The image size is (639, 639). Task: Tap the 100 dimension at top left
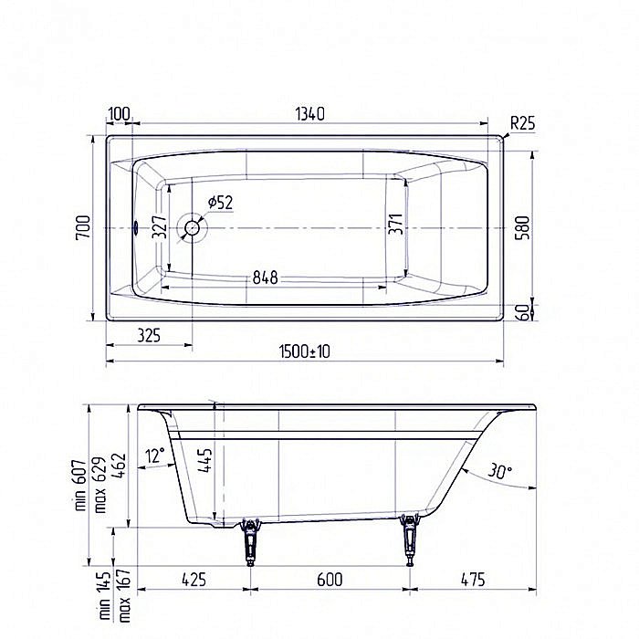point(118,114)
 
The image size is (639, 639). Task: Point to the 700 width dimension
point(82,227)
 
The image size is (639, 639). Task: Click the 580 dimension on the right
point(546,227)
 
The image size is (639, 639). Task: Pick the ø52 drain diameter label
point(220,202)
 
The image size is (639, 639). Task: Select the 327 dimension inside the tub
point(159,227)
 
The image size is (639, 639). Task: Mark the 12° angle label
point(155,454)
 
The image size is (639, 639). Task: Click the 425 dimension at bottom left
point(194,579)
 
